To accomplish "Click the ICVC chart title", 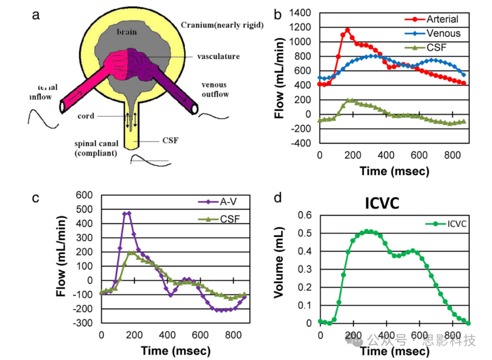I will point(382,203).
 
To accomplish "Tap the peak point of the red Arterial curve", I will point(347,30).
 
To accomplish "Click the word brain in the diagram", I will point(127,32).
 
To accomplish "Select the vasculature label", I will point(218,56).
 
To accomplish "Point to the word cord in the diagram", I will point(86,116).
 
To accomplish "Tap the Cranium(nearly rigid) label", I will point(222,25).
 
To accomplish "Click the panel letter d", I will point(278,198).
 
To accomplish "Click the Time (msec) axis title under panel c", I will point(175,351).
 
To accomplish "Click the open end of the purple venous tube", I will point(195,108).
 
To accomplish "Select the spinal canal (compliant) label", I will point(95,149).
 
